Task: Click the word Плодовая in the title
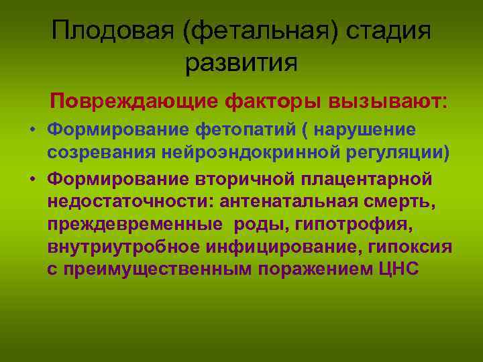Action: (111, 32)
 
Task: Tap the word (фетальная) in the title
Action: (258, 32)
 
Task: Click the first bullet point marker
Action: (32, 129)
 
